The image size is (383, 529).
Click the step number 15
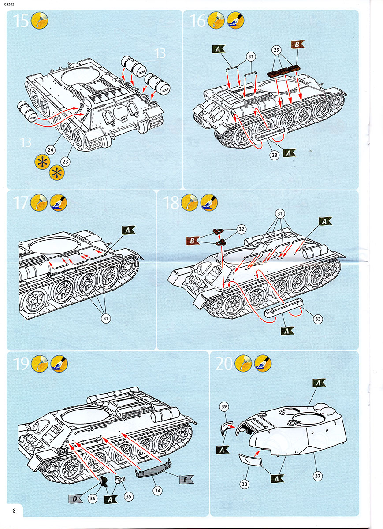click(21, 21)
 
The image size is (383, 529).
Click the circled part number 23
click(66, 161)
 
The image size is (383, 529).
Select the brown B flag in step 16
click(297, 45)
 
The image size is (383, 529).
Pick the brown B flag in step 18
click(192, 241)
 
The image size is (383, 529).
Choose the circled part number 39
click(223, 406)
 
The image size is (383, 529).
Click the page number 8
click(15, 511)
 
